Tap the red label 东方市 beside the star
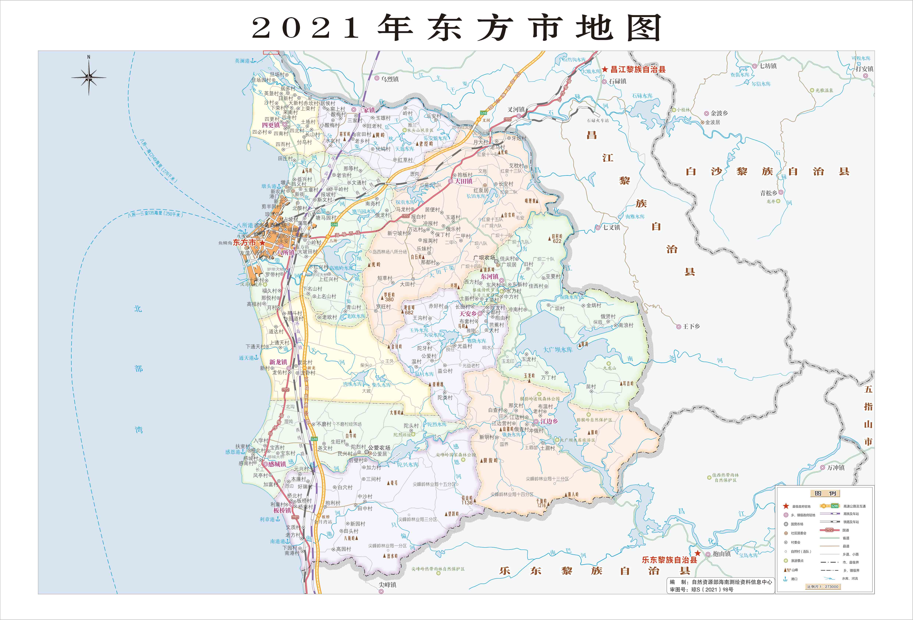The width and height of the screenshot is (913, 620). pyautogui.click(x=244, y=242)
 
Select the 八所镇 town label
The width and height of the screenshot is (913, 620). pyautogui.click(x=286, y=252)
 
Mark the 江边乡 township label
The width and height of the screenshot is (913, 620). pyautogui.click(x=549, y=421)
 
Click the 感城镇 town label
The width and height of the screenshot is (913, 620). pyautogui.click(x=277, y=464)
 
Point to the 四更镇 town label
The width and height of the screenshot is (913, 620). pyautogui.click(x=271, y=125)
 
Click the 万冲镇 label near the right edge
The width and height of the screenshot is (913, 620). pyautogui.click(x=836, y=468)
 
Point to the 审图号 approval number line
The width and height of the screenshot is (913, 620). pyautogui.click(x=701, y=589)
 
